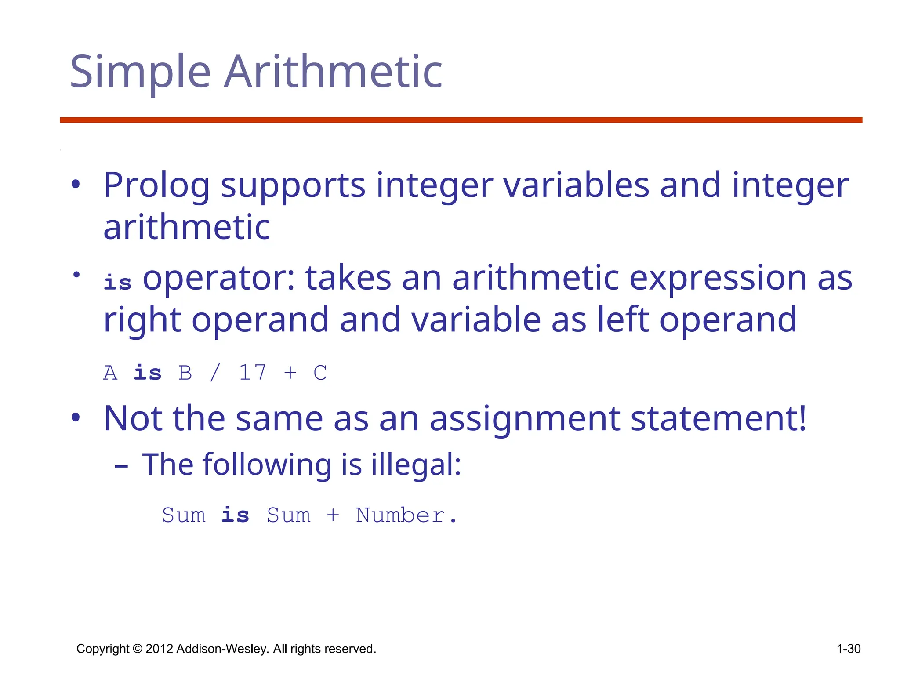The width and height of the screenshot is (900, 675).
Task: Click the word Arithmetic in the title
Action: coord(333,72)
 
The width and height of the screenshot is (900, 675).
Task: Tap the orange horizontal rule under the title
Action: coord(461,120)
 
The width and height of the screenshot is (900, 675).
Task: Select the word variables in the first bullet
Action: coord(576,185)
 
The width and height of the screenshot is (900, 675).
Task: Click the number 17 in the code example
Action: coord(252,373)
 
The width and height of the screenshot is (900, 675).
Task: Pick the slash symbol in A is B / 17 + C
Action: coord(215,373)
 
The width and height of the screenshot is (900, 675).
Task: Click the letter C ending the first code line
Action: coord(320,373)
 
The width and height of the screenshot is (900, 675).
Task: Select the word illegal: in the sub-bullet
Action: coord(416,465)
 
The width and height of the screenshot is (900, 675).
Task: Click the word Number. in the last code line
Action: coord(406,515)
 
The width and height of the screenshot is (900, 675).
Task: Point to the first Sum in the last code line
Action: coord(183,515)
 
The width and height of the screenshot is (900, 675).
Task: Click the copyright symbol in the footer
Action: coord(138,649)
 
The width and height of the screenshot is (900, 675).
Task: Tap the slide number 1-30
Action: coord(848,649)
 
